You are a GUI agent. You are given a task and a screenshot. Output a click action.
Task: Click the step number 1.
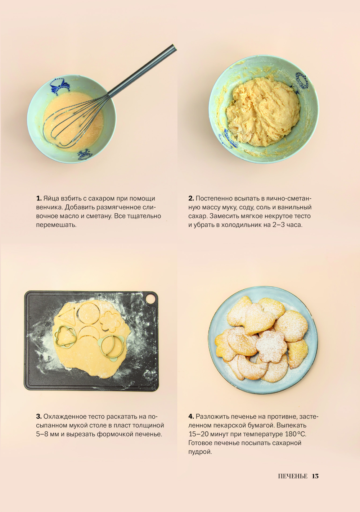39,198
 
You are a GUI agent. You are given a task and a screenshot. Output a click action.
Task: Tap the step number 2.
191,198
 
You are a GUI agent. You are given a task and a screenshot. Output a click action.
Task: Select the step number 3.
39,416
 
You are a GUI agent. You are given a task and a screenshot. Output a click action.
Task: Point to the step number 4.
191,416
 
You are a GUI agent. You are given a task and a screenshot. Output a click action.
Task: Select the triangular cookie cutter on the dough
66,336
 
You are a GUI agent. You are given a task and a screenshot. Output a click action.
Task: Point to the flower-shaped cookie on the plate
271,346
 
